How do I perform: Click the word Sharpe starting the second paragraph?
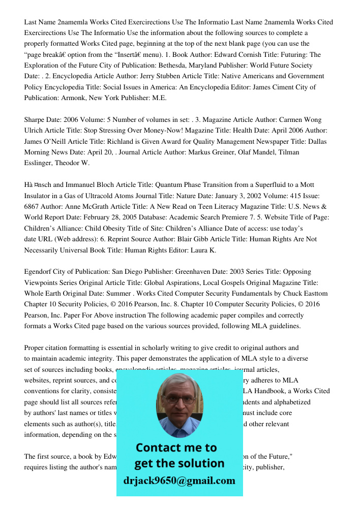(36, 120)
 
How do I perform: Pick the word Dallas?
(315, 142)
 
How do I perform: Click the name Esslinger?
(40, 163)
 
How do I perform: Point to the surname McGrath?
(84, 207)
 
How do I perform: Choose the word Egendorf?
(40, 272)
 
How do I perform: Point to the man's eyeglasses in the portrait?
(178, 398)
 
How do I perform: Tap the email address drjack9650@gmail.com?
(179, 481)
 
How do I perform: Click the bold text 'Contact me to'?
(176, 448)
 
